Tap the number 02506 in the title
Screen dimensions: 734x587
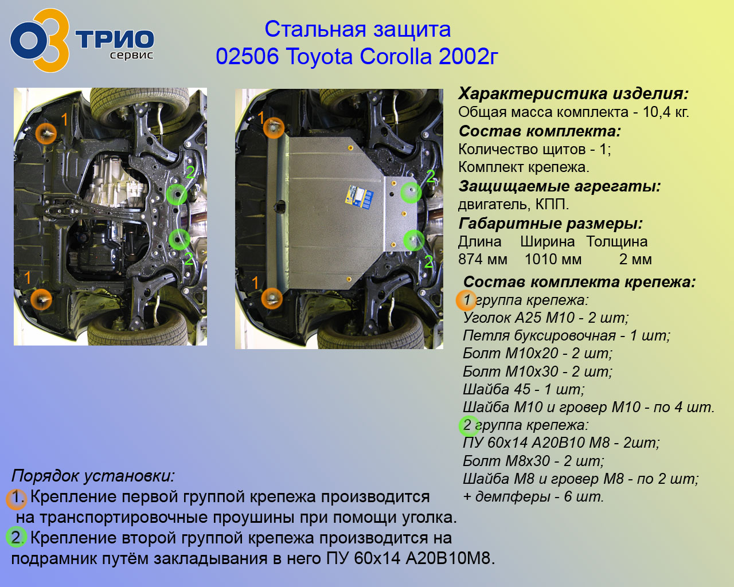pyautogui.click(x=247, y=56)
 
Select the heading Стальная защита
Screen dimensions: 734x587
pyautogui.click(x=357, y=29)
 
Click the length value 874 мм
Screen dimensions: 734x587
pyautogui.click(x=483, y=259)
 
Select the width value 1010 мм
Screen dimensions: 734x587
pyautogui.click(x=553, y=259)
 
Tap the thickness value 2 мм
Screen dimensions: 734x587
pyautogui.click(x=635, y=259)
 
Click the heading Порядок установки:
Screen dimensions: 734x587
pyautogui.click(x=93, y=475)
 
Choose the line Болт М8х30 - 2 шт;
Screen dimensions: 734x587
pyautogui.click(x=533, y=461)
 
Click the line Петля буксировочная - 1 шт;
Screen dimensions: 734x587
pyautogui.click(x=566, y=335)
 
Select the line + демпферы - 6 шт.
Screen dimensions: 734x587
pyautogui.click(x=533, y=496)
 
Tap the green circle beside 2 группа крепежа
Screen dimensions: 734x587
pyautogui.click(x=469, y=426)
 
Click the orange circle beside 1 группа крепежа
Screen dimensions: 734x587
pyautogui.click(x=466, y=300)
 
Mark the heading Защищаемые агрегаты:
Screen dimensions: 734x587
pyautogui.click(x=559, y=186)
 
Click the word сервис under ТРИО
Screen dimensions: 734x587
pyautogui.click(x=132, y=55)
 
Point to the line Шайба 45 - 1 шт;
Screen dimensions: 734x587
pyautogui.click(x=524, y=389)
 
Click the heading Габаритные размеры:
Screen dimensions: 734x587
pyautogui.click(x=550, y=224)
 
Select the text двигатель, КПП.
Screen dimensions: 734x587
pyautogui.click(x=513, y=204)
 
